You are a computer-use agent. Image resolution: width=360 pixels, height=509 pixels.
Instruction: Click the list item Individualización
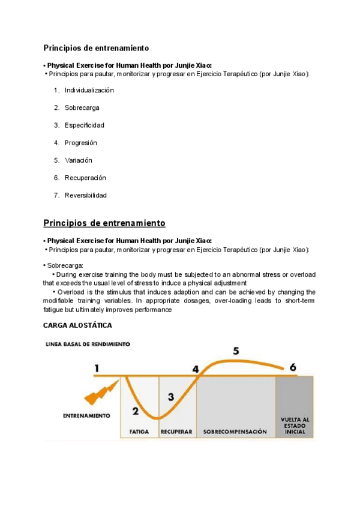(89, 90)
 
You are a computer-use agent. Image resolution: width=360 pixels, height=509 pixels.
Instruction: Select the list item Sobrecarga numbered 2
(82, 107)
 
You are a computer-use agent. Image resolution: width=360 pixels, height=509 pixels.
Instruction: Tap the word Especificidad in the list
(84, 125)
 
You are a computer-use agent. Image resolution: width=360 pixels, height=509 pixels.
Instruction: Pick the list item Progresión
(80, 143)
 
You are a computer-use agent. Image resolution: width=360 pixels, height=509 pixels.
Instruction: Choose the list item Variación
(79, 160)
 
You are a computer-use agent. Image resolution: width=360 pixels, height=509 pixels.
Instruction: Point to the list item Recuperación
(85, 178)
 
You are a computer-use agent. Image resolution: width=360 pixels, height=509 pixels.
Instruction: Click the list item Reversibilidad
(86, 195)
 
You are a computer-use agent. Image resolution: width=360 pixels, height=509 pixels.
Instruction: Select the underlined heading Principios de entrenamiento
(104, 223)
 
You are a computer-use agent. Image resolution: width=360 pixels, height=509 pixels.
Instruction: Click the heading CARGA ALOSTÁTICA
(77, 325)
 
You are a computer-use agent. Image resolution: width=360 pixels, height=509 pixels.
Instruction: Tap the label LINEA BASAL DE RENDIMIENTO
(88, 345)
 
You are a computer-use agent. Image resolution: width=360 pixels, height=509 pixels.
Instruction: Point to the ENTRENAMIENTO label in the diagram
(86, 415)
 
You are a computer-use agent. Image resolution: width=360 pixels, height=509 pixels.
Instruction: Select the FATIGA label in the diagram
(139, 432)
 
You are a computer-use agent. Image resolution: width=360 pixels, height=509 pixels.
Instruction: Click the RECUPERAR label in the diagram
(176, 432)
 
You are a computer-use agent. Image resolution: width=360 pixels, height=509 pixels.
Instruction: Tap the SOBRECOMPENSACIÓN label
(235, 432)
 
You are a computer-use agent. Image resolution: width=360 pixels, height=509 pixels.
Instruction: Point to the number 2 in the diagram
(135, 411)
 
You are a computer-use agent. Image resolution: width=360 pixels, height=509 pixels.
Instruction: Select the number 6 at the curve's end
(292, 367)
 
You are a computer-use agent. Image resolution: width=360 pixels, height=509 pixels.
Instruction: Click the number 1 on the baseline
(97, 368)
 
